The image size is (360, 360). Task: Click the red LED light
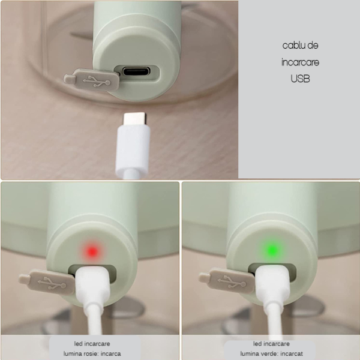(x=92, y=249)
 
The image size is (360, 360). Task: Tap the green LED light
(x=272, y=249)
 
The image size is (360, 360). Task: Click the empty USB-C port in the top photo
(x=140, y=73)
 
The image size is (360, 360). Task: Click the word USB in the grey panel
(x=300, y=78)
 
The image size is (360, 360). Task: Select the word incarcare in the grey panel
(x=300, y=62)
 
